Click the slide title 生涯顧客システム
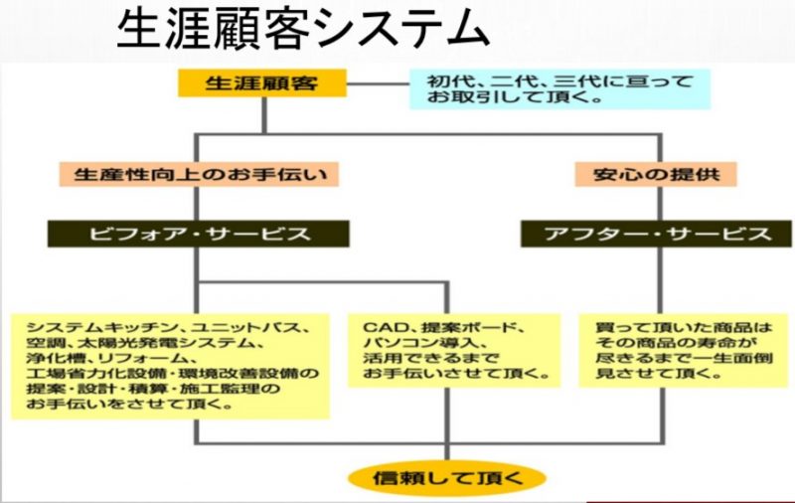pos(303,29)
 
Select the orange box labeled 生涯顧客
pos(262,83)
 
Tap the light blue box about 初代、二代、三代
pos(559,89)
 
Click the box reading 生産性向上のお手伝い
pos(199,174)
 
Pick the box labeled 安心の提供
pos(656,174)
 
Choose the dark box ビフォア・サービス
pos(198,234)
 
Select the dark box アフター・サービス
pos(656,234)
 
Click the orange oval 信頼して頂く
pos(446,478)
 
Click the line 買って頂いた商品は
pos(684,328)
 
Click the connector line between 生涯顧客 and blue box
pos(379,84)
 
